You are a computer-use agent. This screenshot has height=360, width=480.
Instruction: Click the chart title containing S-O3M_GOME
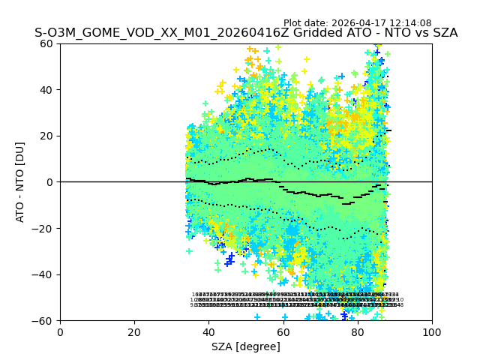(x=246, y=33)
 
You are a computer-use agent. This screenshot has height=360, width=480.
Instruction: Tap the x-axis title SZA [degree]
(x=246, y=346)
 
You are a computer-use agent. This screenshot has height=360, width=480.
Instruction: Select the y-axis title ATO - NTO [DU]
(x=20, y=182)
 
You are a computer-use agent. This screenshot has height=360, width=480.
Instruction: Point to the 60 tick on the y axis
(x=47, y=43)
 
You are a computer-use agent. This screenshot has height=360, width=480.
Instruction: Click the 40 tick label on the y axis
(x=47, y=90)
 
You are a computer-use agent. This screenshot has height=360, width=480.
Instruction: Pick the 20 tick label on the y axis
(x=47, y=136)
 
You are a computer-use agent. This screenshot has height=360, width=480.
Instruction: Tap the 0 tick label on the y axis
(x=50, y=182)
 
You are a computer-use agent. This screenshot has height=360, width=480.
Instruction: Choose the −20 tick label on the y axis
(x=44, y=228)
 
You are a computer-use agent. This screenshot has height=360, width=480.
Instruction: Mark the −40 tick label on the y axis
(x=44, y=274)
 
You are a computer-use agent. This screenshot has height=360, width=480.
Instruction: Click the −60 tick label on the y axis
(x=44, y=320)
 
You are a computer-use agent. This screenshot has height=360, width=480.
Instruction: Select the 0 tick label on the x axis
(x=60, y=331)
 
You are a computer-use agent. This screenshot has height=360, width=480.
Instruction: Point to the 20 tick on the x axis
(x=134, y=331)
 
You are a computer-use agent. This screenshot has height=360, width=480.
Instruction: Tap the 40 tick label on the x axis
(x=208, y=331)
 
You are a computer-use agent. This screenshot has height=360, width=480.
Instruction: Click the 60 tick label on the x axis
(x=283, y=331)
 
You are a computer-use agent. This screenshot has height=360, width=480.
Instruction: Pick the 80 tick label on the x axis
(x=358, y=331)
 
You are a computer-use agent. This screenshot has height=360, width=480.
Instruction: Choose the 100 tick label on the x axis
(x=432, y=331)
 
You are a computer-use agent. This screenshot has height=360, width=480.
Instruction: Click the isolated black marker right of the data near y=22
(x=388, y=130)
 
